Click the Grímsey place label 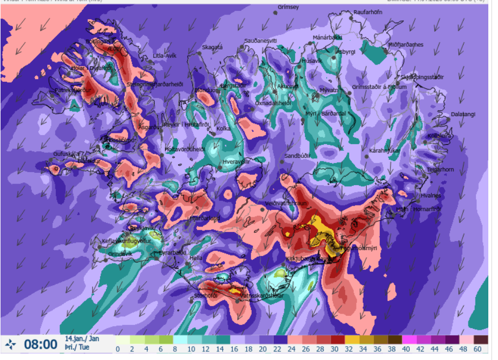coord(284,8)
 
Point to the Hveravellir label coord(237,161)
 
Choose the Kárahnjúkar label coord(385,151)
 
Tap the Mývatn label coord(329,90)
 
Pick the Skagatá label coord(212,47)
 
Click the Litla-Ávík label coord(165,55)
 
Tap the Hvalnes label coord(430,196)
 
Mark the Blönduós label coord(205,90)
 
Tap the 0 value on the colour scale coord(118,349)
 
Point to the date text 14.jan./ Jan coord(82,339)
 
